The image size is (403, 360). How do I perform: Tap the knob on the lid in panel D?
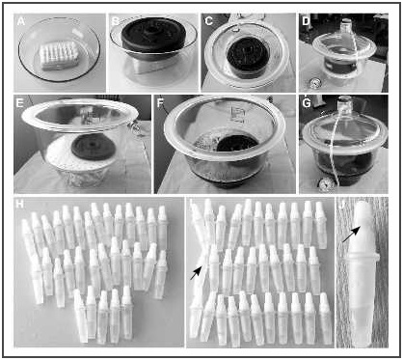click(x=341, y=20)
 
